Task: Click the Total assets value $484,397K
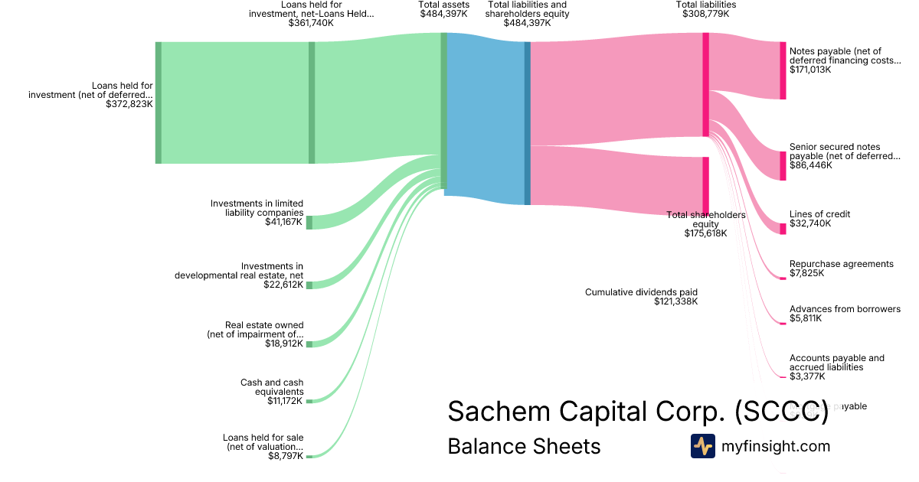(x=443, y=14)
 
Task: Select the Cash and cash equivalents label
(x=272, y=387)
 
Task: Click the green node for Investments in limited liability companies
(x=309, y=223)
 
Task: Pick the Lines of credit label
(x=819, y=214)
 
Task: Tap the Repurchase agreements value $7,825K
(x=806, y=273)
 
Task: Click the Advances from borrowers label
(x=845, y=309)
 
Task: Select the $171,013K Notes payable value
(x=810, y=70)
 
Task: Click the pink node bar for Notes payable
(x=783, y=70)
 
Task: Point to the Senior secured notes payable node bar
(x=783, y=165)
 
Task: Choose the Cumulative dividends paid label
(x=641, y=292)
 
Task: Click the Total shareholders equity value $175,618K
(x=705, y=233)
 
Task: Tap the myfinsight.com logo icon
(x=702, y=446)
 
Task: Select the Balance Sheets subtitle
(x=524, y=446)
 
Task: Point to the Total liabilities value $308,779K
(x=705, y=14)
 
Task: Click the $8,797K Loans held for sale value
(x=285, y=456)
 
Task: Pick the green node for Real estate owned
(x=309, y=344)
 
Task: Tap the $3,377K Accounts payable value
(x=807, y=376)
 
